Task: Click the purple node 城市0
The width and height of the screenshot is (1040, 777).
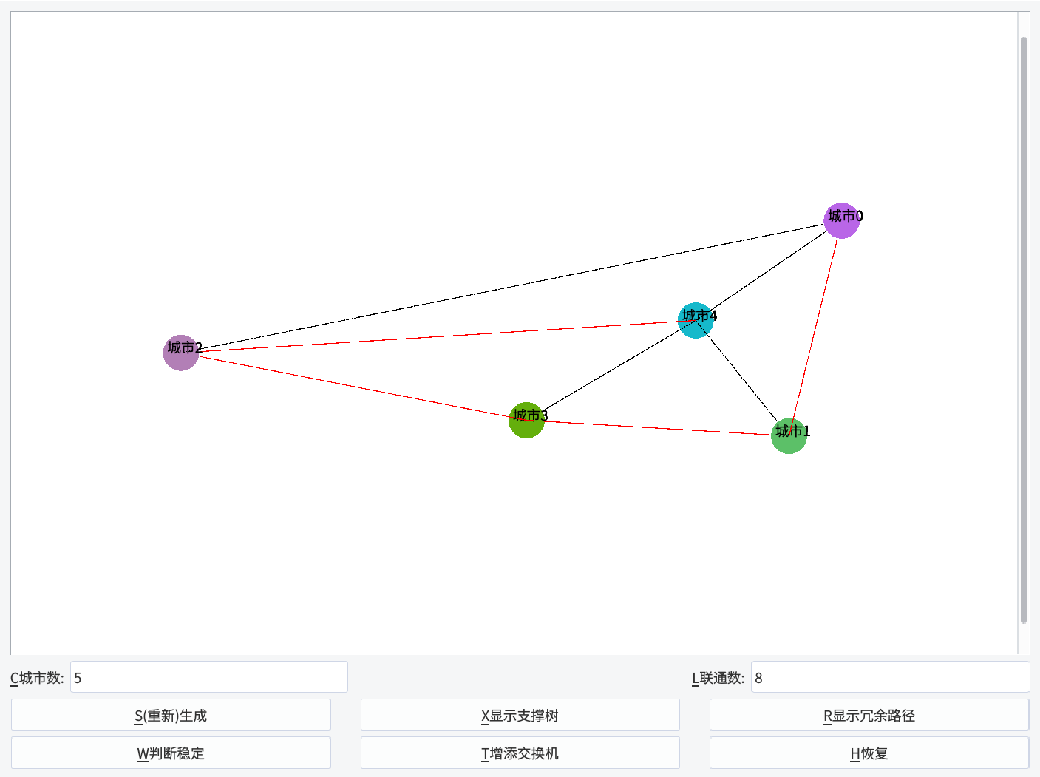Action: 842,221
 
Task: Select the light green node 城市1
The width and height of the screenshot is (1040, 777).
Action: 789,436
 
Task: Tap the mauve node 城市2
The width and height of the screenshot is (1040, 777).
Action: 181,353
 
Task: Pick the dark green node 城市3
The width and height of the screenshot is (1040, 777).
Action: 526,420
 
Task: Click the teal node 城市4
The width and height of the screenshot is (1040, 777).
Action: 696,320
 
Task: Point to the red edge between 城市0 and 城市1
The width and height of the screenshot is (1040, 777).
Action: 815,328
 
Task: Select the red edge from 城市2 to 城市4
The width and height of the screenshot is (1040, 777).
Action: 443,336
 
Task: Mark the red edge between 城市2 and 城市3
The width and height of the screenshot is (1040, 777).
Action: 355,387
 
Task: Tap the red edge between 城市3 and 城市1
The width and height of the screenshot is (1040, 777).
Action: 658,428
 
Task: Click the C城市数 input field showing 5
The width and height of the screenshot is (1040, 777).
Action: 208,677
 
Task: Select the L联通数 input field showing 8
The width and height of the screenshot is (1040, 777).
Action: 890,677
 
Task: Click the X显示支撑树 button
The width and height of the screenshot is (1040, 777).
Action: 520,715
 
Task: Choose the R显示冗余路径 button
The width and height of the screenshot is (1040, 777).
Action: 869,715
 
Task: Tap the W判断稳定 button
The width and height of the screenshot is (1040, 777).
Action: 170,753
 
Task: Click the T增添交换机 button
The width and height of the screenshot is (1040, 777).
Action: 520,753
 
